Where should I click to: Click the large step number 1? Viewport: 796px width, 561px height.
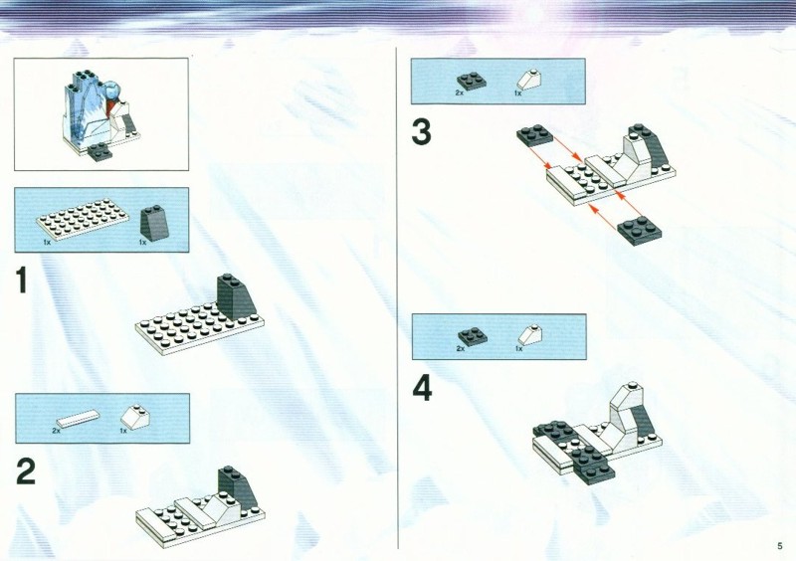pos(21,280)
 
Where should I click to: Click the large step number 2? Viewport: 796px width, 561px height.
pos(26,471)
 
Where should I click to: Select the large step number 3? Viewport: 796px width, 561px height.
pos(421,132)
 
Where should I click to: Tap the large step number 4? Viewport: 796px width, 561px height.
pos(422,389)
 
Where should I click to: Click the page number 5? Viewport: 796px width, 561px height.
pos(780,546)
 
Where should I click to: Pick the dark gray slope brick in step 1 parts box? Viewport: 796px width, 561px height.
pos(154,223)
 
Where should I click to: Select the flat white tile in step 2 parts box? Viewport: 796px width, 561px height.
pos(78,418)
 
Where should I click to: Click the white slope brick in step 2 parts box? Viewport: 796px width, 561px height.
pos(135,416)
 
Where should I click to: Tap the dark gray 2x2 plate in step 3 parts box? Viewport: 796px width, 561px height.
pos(471,81)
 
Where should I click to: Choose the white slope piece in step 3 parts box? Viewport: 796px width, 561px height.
pos(529,80)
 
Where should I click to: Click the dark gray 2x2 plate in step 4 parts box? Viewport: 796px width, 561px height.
pos(472,335)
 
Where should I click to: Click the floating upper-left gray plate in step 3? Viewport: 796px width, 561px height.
pos(535,135)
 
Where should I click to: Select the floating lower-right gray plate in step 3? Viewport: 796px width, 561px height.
pos(640,231)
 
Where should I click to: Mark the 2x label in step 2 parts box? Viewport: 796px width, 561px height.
pos(56,431)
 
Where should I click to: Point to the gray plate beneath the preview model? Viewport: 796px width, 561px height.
pos(100,152)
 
